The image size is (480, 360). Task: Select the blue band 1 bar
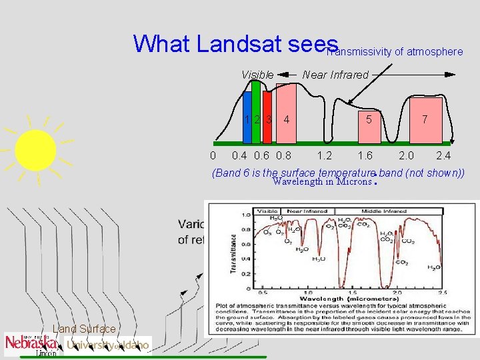tap(247, 120)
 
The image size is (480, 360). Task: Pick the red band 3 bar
tap(267, 120)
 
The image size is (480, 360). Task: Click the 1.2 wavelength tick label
tap(325, 156)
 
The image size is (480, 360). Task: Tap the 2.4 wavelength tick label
tap(443, 156)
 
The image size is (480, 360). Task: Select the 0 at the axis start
tap(212, 156)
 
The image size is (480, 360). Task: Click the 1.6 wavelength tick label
tap(365, 156)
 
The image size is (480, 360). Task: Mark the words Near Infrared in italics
tap(335, 75)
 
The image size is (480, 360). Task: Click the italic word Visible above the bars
tap(257, 75)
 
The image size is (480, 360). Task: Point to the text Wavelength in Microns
tap(321, 181)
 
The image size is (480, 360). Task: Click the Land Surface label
tap(84, 329)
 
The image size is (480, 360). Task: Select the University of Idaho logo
tap(108, 345)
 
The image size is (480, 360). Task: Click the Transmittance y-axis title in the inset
tap(233, 253)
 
